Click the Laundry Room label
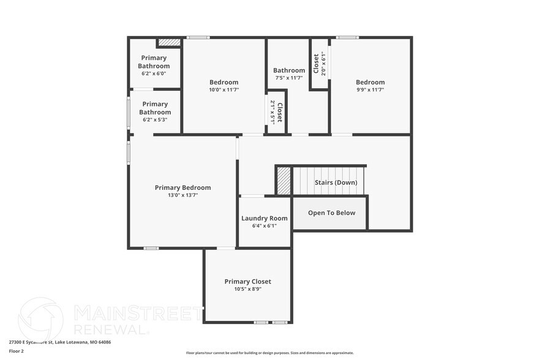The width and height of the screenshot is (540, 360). [x=264, y=219]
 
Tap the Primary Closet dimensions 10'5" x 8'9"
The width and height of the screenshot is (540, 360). [x=248, y=289]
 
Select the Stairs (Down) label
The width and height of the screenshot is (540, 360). [x=336, y=182]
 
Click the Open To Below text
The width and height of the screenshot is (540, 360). [x=332, y=213]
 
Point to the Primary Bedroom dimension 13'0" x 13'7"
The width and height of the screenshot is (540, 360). [x=183, y=195]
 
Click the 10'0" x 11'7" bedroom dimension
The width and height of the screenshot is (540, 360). [x=224, y=90]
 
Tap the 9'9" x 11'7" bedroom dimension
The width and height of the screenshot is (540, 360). [x=370, y=90]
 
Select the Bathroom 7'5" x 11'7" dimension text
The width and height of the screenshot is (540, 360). [x=289, y=78]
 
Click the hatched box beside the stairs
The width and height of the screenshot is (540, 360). [x=284, y=181]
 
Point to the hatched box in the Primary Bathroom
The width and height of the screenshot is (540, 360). [x=169, y=42]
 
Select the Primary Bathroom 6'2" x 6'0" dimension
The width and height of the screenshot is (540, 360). [x=154, y=73]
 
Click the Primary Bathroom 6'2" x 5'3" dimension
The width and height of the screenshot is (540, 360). [x=155, y=120]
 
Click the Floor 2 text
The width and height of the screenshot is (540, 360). [x=16, y=351]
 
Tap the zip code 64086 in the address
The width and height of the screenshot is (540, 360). [x=105, y=342]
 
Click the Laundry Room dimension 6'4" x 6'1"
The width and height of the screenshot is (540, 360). [x=264, y=226]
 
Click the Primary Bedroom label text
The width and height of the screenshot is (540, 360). [x=183, y=188]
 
